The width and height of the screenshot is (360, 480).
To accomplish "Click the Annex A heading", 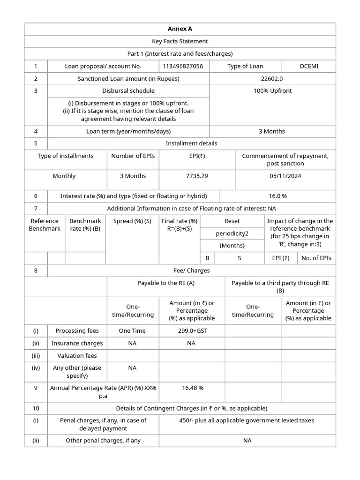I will click(x=180, y=29).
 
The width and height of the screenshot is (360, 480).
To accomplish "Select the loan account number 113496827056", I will click(x=183, y=66).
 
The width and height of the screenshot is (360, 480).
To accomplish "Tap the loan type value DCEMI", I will click(x=308, y=66).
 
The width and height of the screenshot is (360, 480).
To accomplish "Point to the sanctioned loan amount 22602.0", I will click(x=272, y=79).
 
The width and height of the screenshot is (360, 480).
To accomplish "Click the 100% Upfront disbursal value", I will click(x=272, y=90).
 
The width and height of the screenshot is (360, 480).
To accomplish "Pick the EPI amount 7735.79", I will click(x=197, y=176).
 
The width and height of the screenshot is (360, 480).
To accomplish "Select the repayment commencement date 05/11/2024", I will click(x=285, y=176).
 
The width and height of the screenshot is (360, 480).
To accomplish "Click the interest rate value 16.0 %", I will click(x=277, y=196).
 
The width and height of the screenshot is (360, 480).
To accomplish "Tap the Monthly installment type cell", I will click(x=64, y=176).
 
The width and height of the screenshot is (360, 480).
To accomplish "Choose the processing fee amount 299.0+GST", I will click(x=191, y=330).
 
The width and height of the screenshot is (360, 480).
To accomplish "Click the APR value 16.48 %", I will click(x=192, y=388).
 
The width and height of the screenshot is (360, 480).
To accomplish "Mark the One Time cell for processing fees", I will click(x=132, y=330).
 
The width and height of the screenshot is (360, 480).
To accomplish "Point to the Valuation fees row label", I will click(x=77, y=356).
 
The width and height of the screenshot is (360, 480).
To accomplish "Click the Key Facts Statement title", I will click(x=180, y=41).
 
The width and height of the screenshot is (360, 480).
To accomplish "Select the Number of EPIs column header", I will click(x=133, y=156).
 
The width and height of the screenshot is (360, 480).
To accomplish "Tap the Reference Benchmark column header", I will click(x=45, y=225).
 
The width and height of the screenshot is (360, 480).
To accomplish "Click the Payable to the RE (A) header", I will click(x=166, y=283).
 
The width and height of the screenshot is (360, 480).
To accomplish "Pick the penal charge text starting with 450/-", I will click(x=247, y=420).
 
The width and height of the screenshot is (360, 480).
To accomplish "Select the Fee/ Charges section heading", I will click(x=191, y=270).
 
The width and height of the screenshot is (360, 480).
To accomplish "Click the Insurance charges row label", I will click(x=77, y=343).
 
